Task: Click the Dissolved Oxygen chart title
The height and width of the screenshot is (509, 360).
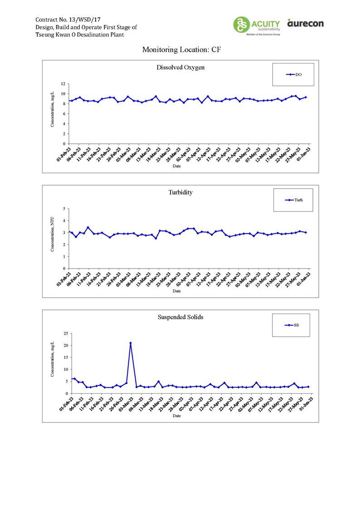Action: coord(180,68)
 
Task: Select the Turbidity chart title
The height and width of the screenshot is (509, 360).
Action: coord(180,192)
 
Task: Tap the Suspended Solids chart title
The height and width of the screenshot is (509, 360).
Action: coord(180,317)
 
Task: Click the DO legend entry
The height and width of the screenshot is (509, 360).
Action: coord(294,75)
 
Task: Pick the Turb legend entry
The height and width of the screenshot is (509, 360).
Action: coord(295,200)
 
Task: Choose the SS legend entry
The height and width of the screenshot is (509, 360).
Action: coord(292,325)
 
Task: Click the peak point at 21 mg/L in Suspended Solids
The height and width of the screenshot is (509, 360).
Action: coord(131,343)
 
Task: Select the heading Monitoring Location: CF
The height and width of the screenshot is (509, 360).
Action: coord(181,49)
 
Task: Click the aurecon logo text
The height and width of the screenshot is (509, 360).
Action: coord(305,23)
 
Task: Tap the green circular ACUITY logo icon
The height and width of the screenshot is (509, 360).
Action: coord(241,24)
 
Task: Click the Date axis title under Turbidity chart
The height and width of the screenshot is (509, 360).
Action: coord(177,291)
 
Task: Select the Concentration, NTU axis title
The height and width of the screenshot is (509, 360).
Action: coord(53,238)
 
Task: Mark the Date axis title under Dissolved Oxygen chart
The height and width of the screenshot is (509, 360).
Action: coord(177,166)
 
